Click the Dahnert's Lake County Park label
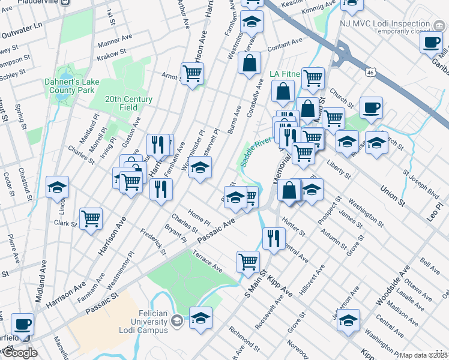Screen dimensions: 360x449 [69, 85]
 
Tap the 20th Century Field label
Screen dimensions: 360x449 [128, 103]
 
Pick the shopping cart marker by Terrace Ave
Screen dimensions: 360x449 [248, 261]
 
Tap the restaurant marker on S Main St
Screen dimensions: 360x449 [274, 238]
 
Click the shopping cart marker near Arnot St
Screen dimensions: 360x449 [192, 74]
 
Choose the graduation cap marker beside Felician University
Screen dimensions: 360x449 [201, 316]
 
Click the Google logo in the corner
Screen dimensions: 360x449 [20, 353]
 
